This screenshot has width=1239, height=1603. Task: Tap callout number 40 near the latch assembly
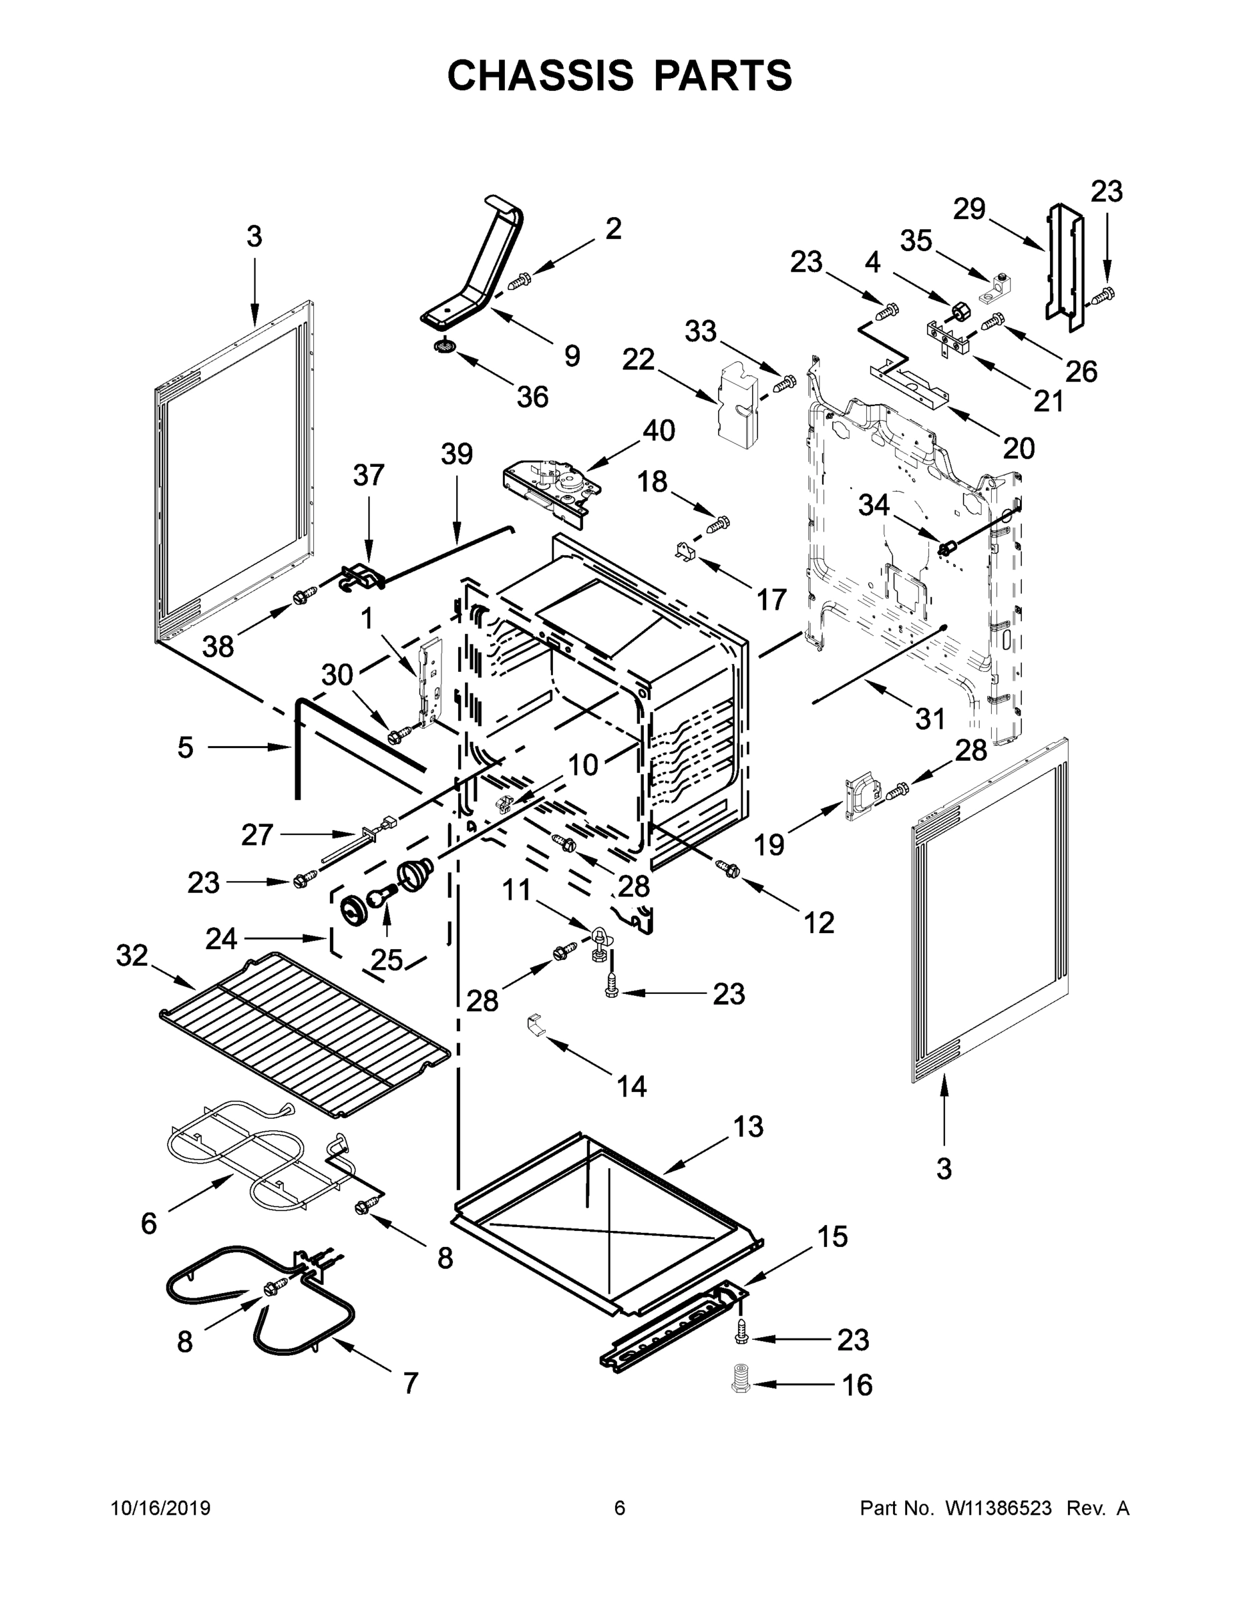[659, 431]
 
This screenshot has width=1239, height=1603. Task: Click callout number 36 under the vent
[532, 397]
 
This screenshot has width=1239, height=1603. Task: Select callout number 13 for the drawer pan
[748, 1127]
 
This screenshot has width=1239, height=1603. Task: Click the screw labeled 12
[729, 869]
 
